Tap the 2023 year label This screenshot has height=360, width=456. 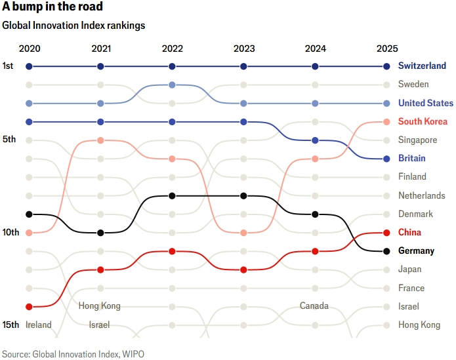(x=244, y=49)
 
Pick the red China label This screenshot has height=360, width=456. (x=409, y=232)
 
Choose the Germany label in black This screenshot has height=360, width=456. (x=416, y=251)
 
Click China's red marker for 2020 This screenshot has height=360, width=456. (x=29, y=306)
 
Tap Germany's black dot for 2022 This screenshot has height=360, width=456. (x=172, y=195)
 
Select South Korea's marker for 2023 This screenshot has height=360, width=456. (x=243, y=233)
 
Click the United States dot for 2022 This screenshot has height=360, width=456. (x=172, y=85)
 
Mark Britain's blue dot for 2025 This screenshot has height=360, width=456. (x=387, y=159)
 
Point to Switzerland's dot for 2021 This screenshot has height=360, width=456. (x=100, y=66)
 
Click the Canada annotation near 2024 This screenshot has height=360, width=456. (x=314, y=306)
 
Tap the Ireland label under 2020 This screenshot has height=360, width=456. (x=38, y=325)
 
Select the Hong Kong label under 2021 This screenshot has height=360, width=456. (x=99, y=306)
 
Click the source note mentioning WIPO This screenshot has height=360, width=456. (x=73, y=353)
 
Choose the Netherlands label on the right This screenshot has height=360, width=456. (x=421, y=195)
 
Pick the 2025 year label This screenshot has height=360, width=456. (x=387, y=49)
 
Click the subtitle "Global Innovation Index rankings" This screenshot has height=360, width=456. (x=73, y=26)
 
